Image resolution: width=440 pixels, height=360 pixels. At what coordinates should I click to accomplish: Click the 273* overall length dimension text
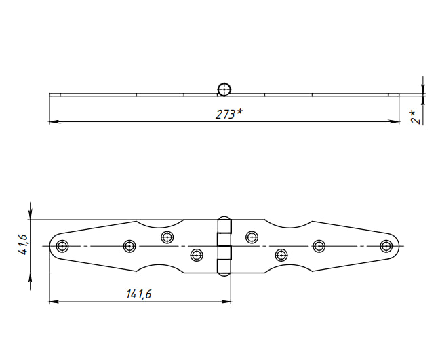[x=229, y=114]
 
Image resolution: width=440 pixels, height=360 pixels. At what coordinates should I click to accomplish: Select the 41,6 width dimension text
[x=23, y=244]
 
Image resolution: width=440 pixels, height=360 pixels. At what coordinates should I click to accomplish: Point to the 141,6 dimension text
[x=138, y=294]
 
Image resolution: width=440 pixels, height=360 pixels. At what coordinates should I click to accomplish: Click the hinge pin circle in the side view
[x=224, y=89]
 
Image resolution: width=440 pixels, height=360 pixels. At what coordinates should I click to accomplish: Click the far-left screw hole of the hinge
[x=62, y=246]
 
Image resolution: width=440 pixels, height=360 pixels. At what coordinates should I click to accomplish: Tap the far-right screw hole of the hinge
[x=386, y=246]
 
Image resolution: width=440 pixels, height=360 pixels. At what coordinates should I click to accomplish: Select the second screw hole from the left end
[x=129, y=246]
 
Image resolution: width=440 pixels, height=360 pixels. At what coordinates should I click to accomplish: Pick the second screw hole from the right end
[x=319, y=246]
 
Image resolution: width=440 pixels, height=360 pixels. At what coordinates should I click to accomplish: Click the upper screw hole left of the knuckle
[x=167, y=237]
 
